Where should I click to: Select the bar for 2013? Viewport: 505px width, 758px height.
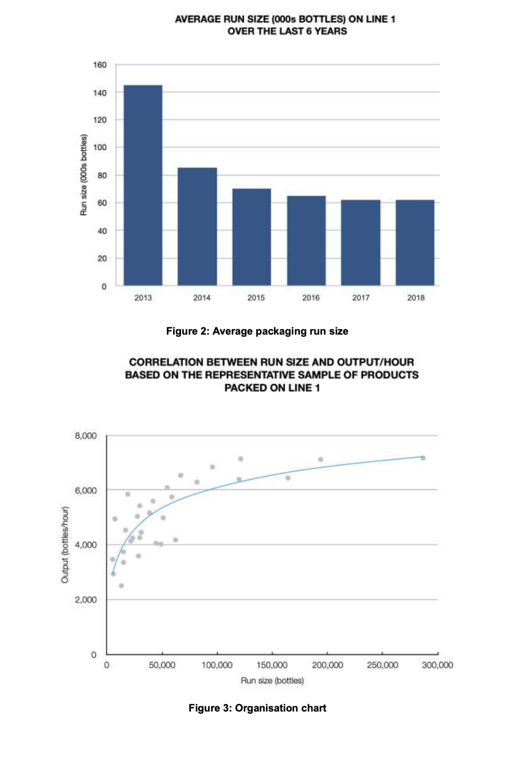point(143,185)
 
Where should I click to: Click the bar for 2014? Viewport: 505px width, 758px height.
point(197,227)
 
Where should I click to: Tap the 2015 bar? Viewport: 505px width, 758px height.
point(251,237)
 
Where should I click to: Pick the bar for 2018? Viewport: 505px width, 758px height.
point(415,243)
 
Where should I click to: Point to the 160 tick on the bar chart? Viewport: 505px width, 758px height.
point(100,65)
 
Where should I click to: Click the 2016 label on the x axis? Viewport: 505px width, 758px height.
point(311,298)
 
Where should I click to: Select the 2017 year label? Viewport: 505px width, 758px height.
point(360,298)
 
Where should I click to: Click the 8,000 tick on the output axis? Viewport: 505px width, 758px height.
point(86,436)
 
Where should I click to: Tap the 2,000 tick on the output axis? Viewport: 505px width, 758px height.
point(86,600)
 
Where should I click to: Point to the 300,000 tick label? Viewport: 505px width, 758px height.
point(437,665)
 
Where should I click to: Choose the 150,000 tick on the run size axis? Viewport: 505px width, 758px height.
point(272,665)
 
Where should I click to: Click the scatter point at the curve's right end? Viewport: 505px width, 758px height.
point(423,458)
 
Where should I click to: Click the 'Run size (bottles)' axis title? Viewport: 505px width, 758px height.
point(272,680)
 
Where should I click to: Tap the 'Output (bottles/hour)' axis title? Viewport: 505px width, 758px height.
point(65,544)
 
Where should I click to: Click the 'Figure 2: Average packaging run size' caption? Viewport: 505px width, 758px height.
point(257,331)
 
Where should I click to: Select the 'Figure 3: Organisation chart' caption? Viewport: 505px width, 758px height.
point(257,708)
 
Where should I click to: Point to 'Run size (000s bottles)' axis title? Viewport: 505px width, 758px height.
point(83,175)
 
